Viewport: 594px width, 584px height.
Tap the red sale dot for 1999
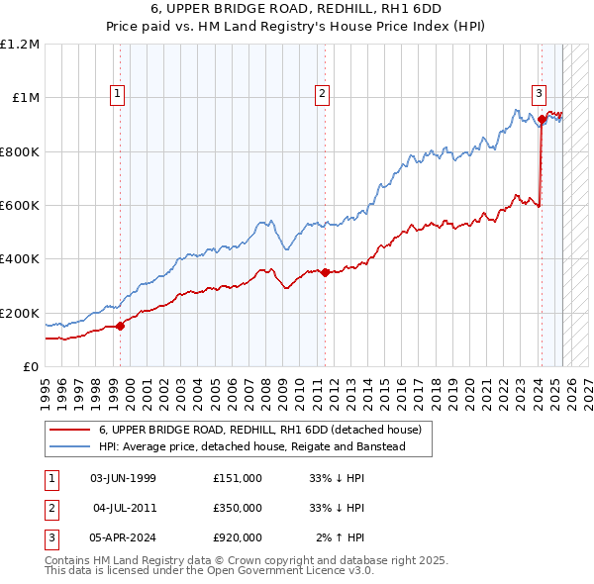[x=120, y=326]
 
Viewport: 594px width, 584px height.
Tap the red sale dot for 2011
[x=325, y=272]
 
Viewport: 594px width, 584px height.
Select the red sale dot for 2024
[x=542, y=120]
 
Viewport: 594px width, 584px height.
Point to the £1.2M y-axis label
[x=20, y=45]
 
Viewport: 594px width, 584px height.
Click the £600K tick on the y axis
[x=20, y=206]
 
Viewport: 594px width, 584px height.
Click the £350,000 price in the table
[x=238, y=508]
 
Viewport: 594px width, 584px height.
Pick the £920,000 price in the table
[x=238, y=537]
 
